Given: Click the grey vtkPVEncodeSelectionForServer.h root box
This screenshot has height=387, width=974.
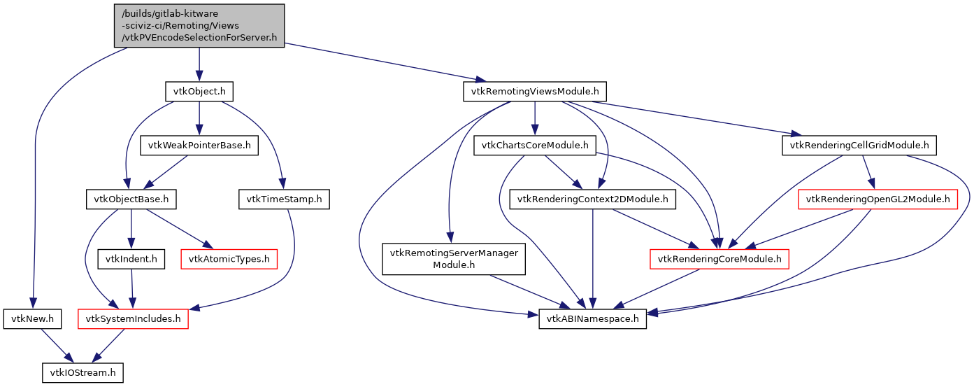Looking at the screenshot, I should [199, 26].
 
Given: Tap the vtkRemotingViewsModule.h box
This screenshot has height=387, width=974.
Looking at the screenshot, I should [535, 92].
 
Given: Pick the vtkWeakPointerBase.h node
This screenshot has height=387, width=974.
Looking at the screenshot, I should [199, 146].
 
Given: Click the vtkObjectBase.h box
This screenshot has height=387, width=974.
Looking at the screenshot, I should [131, 199].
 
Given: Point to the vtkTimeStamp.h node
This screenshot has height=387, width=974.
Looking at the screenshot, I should [284, 199].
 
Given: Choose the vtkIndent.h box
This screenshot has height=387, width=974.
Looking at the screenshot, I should [131, 260].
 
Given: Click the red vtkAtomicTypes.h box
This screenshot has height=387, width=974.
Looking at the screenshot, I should [229, 260].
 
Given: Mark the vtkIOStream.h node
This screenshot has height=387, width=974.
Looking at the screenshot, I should [83, 373].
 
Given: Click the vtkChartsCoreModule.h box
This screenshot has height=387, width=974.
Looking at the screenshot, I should [534, 146].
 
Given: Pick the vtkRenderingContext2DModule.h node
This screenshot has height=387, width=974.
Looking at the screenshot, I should [593, 199].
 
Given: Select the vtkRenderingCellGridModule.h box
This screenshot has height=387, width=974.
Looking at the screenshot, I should [859, 146].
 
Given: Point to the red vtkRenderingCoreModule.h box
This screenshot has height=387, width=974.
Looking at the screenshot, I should [720, 260].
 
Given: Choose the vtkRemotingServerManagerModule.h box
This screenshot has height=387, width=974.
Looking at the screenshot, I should [453, 259].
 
